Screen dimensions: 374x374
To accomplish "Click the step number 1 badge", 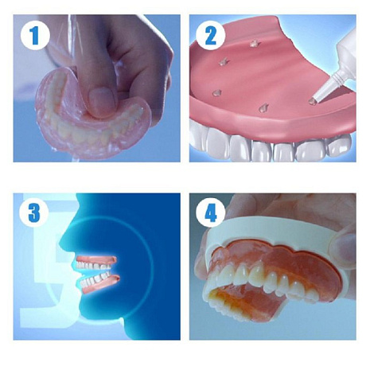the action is pyautogui.click(x=35, y=35).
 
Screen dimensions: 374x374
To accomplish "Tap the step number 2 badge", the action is pyautogui.click(x=211, y=35).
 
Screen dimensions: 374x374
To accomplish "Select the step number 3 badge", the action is pyautogui.click(x=34, y=213).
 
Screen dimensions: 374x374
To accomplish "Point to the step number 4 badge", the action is pyautogui.click(x=211, y=214).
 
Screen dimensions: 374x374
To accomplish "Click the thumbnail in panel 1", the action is pyautogui.click(x=101, y=99).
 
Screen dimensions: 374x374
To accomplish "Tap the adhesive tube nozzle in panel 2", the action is pyautogui.click(x=325, y=87).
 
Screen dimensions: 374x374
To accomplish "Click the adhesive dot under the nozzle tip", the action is pyautogui.click(x=313, y=101).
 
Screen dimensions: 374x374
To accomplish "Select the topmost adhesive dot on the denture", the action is pyautogui.click(x=254, y=44).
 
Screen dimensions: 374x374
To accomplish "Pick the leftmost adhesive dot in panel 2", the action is pyautogui.click(x=216, y=92).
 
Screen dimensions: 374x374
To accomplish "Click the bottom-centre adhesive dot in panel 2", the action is pyautogui.click(x=263, y=107).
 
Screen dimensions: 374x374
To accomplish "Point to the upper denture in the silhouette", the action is pyautogui.click(x=96, y=263).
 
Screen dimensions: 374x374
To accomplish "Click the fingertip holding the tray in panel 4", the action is pyautogui.click(x=344, y=244).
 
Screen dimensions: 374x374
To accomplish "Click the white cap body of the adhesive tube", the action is pyautogui.click(x=346, y=54).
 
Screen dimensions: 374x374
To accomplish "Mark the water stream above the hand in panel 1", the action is pyautogui.click(x=72, y=34).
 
